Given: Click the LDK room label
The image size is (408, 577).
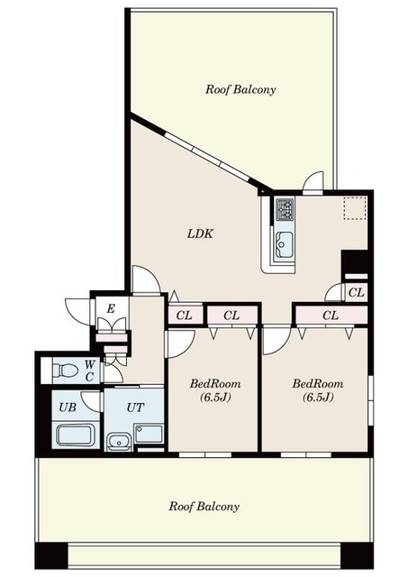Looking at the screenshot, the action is [200, 234].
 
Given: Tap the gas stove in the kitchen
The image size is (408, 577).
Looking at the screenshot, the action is [285, 209].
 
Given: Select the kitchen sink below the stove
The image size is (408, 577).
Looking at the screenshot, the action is [284, 244].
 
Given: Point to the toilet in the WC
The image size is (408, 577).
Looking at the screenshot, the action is [65, 371].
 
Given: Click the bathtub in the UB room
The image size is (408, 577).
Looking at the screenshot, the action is [76, 435].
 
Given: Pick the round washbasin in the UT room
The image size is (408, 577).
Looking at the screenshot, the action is [118, 441].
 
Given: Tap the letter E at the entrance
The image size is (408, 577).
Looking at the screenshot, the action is [111, 308].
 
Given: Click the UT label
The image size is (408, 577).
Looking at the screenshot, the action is [135, 408].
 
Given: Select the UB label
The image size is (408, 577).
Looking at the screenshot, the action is [68, 408].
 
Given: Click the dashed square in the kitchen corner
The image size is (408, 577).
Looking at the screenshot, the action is [355, 208].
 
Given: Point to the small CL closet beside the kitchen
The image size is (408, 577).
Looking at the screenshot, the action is [356, 292].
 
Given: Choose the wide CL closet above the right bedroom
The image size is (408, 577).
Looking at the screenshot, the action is [331, 316].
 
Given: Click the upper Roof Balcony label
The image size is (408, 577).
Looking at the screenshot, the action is [240, 89].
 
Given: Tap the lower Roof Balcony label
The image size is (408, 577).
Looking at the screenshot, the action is [204, 507].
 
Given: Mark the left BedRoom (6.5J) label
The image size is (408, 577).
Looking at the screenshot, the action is [215, 390].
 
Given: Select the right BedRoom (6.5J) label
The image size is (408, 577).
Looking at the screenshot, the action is [318, 390].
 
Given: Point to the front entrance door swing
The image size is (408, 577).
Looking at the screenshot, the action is [78, 312].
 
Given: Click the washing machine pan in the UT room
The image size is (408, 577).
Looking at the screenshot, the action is [149, 434].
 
